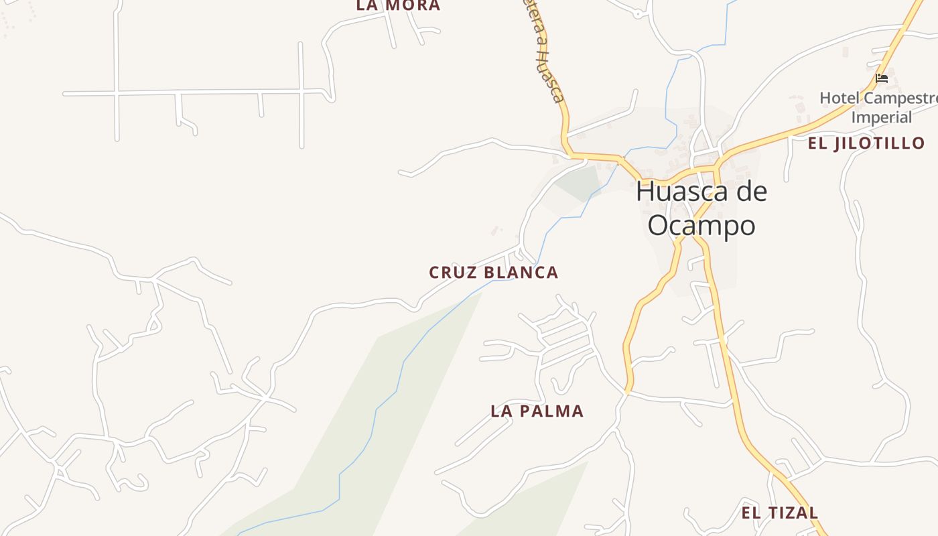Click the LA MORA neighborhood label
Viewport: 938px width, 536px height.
tap(398, 5)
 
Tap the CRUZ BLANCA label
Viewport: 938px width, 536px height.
tap(493, 273)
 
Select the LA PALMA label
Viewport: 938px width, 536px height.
tap(537, 411)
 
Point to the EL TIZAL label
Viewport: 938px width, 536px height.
tap(779, 513)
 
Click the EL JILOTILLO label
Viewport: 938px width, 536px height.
tap(866, 143)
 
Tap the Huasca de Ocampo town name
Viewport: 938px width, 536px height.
tap(701, 208)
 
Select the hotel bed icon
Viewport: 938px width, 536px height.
tap(882, 78)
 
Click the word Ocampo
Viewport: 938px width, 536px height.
tap(701, 226)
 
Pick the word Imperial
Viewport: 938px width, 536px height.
tap(882, 117)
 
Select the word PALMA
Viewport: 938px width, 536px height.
tap(555, 411)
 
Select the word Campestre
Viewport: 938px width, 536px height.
tap(900, 98)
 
